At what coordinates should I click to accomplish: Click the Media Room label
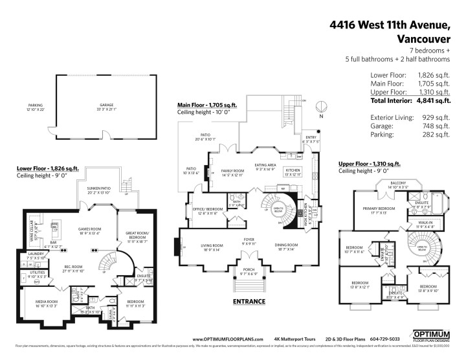point(41,302)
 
